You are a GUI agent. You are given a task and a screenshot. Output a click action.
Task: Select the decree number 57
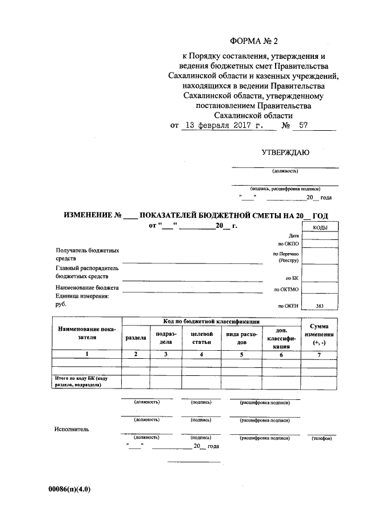303,126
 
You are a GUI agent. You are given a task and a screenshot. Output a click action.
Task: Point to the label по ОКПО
289,243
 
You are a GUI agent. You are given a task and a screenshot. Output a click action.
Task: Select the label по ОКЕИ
288,306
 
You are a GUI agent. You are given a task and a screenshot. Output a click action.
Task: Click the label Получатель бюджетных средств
87,254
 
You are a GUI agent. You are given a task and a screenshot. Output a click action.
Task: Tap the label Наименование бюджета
87,288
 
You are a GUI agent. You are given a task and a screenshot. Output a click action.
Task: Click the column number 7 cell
319,355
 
